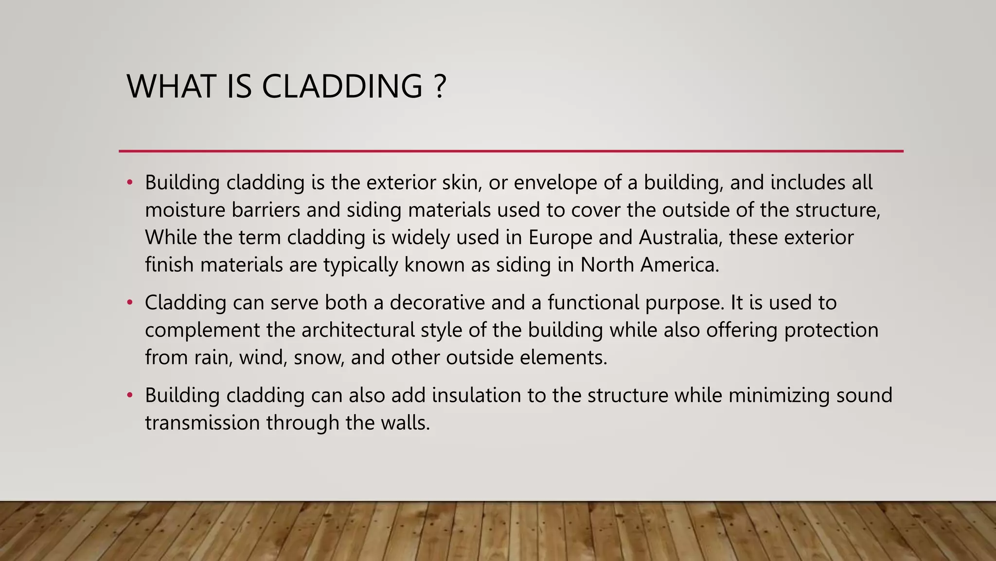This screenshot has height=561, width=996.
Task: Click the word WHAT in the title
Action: point(171,87)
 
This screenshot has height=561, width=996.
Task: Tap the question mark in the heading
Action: point(439,87)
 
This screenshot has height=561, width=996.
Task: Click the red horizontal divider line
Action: point(511,151)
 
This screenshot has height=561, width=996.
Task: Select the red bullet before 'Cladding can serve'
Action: point(129,302)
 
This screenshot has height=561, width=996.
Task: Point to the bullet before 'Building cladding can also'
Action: point(129,395)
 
